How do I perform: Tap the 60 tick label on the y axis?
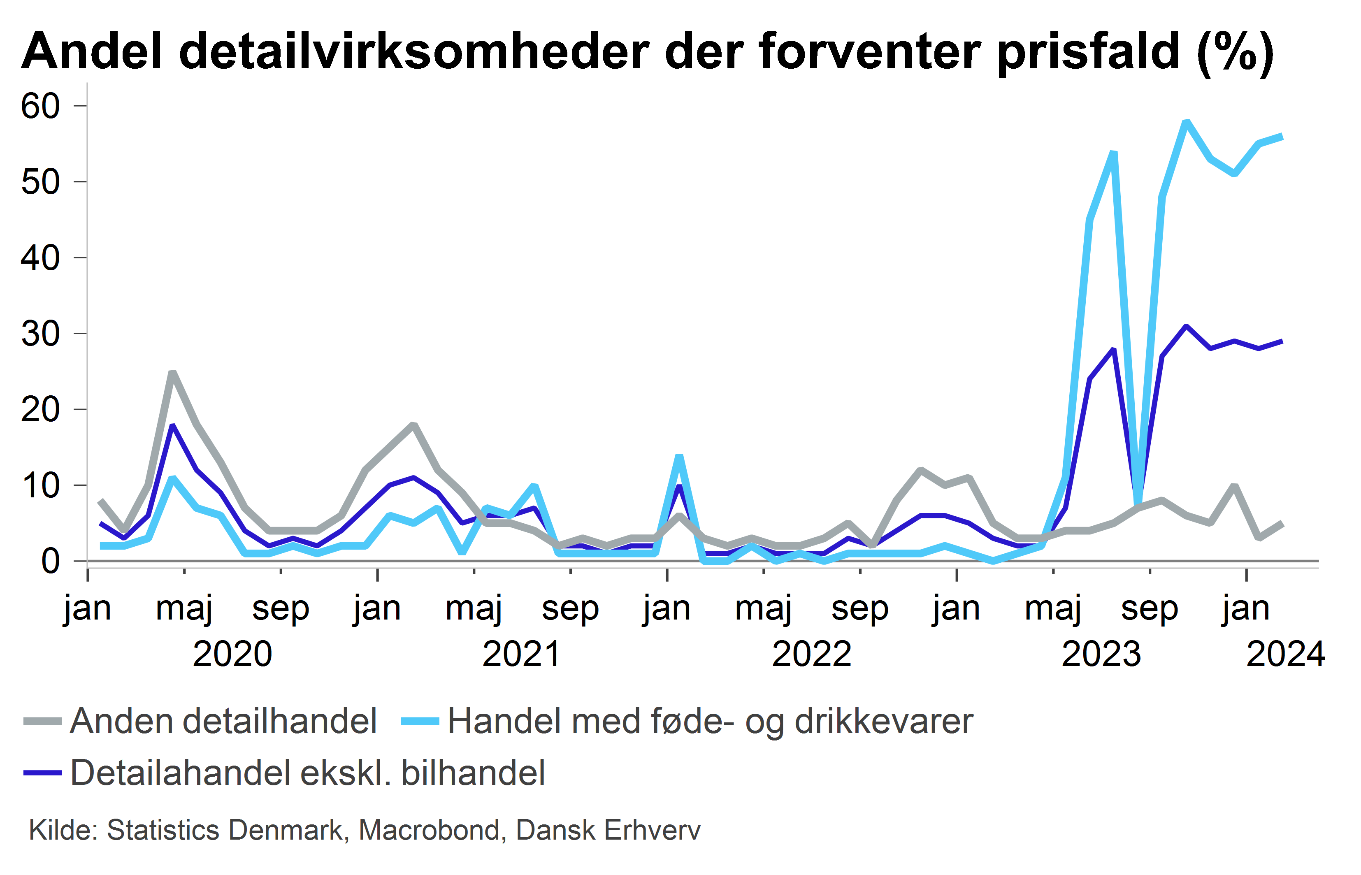click(x=40, y=106)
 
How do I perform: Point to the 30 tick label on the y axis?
click(x=40, y=334)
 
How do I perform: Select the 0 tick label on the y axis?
click(x=51, y=562)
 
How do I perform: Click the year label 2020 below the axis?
click(x=232, y=654)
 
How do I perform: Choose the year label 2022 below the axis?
click(x=811, y=654)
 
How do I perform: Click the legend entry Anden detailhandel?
click(x=201, y=722)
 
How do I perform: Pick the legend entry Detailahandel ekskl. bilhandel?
click(x=284, y=773)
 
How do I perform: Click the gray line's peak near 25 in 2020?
click(x=173, y=372)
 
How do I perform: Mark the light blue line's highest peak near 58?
click(x=1186, y=122)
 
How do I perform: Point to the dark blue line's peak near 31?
click(x=1186, y=326)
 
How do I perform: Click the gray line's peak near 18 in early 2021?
click(x=414, y=425)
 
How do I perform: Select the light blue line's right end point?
click(x=1282, y=136)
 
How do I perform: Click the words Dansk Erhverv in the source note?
click(x=608, y=830)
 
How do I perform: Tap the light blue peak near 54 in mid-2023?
click(x=1114, y=152)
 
